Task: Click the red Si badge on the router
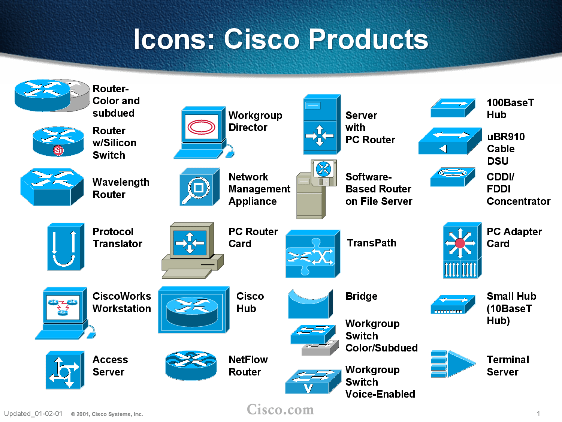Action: click(x=58, y=150)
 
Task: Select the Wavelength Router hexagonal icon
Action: click(x=52, y=187)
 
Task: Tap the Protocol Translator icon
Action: click(x=65, y=246)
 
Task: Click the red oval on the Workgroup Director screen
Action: click(x=202, y=127)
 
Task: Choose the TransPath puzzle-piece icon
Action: click(x=312, y=254)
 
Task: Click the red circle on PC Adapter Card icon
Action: click(x=460, y=243)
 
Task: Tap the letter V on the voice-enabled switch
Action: click(x=308, y=388)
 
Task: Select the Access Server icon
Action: click(x=64, y=370)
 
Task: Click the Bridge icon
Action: click(x=310, y=304)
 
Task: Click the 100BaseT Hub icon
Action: click(x=453, y=108)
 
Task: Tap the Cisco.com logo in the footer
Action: click(x=280, y=410)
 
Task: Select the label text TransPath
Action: click(x=371, y=243)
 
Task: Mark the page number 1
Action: click(x=538, y=414)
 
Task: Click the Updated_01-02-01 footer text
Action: click(x=33, y=414)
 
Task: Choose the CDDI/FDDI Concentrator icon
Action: click(x=453, y=177)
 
